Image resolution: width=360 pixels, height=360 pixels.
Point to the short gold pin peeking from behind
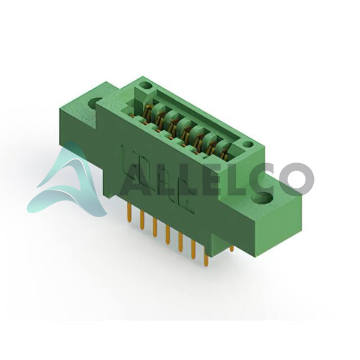pos(232,248)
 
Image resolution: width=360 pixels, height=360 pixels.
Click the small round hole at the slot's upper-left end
pos(147,86)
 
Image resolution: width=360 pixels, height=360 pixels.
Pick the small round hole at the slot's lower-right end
pos(248,145)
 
